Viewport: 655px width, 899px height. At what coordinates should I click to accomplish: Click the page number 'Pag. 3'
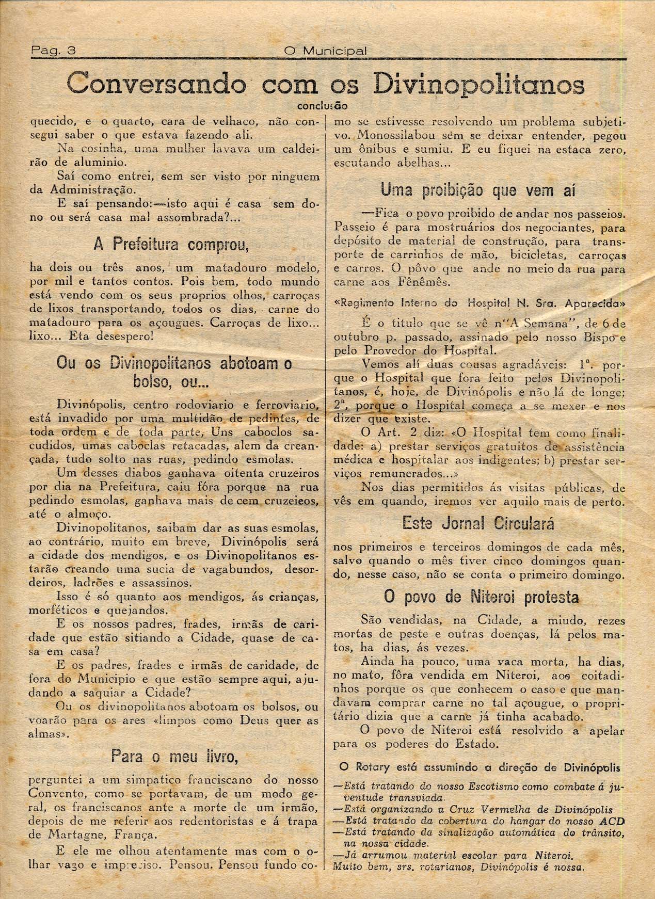53,51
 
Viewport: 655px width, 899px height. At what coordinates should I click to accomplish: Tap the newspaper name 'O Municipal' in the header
326,51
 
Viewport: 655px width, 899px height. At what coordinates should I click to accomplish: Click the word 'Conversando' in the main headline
156,83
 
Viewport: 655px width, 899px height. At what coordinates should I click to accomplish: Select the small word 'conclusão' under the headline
323,107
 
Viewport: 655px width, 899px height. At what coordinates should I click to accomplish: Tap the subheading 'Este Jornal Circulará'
479,524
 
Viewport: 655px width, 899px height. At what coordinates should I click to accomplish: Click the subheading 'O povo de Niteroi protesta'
481,597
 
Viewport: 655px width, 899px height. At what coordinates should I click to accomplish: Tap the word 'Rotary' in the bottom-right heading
377,767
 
